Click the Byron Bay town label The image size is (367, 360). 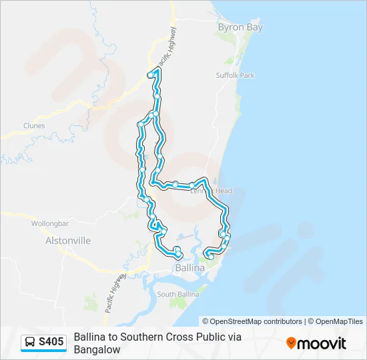tap(240, 27)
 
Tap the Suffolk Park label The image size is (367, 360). tap(235, 75)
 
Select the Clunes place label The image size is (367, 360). tap(34, 125)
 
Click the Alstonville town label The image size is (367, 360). tap(67, 240)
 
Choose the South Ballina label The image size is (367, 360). tap(175, 294)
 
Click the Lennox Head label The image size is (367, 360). tap(212, 191)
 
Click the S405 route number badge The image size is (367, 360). tap(51, 342)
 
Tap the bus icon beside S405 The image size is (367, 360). tap(31, 342)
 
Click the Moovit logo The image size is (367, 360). tap(316, 343)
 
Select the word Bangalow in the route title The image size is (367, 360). tap(97, 349)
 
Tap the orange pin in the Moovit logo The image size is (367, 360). tap(291, 343)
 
